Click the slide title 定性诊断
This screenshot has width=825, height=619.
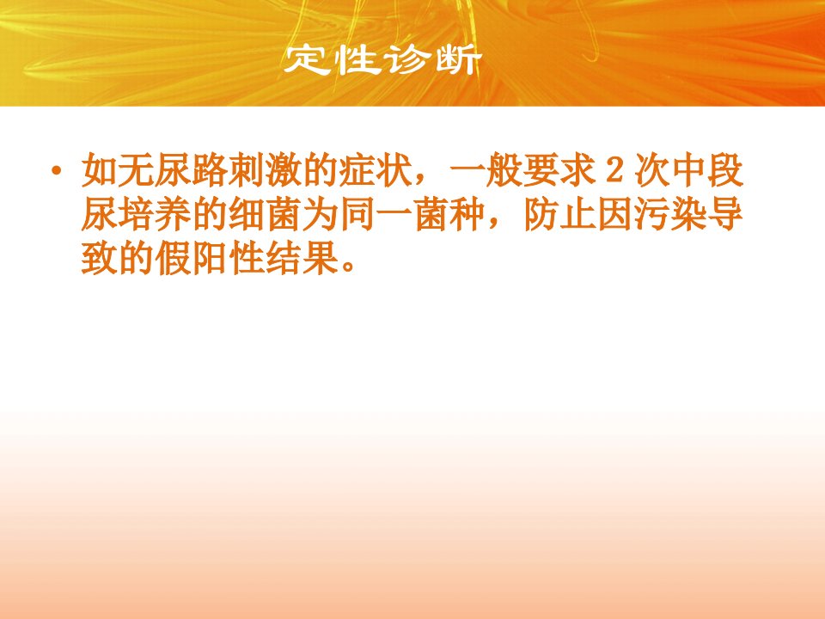point(382,60)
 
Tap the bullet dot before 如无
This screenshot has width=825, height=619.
point(56,170)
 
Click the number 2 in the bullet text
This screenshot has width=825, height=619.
point(614,170)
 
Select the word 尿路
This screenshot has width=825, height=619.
point(192,170)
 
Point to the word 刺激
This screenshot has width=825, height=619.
point(266,170)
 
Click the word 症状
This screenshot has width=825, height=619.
point(376,170)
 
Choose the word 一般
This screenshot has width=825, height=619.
point(486,170)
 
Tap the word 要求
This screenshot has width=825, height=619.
point(560,170)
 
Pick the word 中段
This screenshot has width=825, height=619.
point(707,170)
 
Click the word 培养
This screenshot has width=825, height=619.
point(156,215)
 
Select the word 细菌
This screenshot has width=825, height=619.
point(266,215)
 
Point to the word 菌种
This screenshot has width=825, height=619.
point(449,215)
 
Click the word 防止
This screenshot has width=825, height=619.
point(559,215)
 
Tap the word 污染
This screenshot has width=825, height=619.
point(670,215)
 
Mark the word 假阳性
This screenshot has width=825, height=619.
point(211,259)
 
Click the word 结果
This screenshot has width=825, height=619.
point(302,259)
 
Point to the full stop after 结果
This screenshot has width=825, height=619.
point(348,267)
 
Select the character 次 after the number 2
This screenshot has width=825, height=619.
point(652,170)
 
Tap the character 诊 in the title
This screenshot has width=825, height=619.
point(406,60)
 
